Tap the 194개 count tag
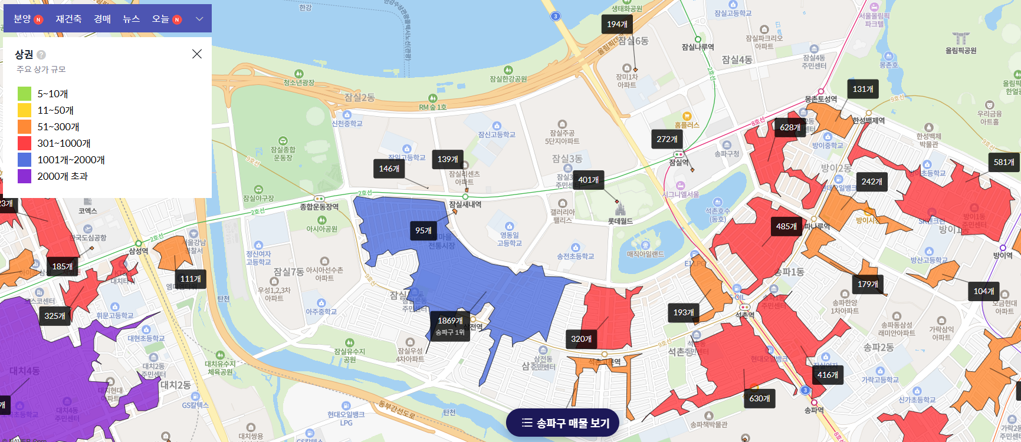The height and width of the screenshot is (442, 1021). [x=617, y=24]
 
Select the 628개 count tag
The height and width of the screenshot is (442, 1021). [x=790, y=127]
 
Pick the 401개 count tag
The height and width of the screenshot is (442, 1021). [x=588, y=180]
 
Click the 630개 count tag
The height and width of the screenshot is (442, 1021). [x=760, y=398]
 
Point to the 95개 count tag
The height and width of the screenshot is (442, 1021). [x=423, y=230]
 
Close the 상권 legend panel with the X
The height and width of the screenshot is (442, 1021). [x=197, y=54]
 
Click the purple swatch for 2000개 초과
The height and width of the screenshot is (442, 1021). [x=24, y=176]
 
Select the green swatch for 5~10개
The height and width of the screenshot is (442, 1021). [x=24, y=94]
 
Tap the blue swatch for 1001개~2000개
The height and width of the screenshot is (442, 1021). [x=24, y=160]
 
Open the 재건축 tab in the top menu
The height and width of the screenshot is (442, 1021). [x=68, y=19]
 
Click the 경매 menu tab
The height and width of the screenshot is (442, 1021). [x=102, y=19]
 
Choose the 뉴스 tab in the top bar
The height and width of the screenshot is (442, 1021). [x=131, y=19]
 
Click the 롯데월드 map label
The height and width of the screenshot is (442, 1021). [x=620, y=221]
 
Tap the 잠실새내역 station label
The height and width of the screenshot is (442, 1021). [x=465, y=204]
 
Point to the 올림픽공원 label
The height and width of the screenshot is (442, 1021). [x=961, y=51]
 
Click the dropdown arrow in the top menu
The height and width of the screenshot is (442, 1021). [x=199, y=19]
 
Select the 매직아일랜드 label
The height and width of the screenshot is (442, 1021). [x=645, y=254]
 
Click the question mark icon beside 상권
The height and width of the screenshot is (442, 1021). [x=41, y=55]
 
